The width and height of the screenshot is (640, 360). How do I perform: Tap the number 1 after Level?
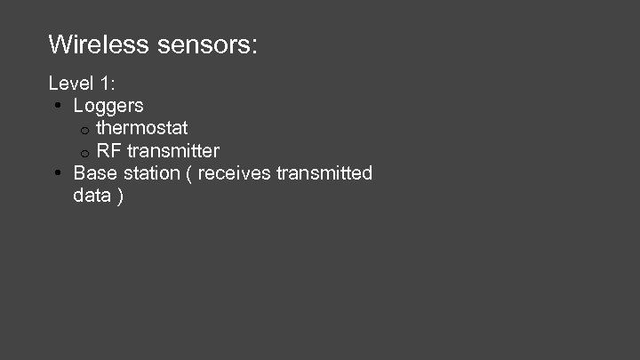click(107, 84)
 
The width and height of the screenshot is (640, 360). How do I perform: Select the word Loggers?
click(108, 107)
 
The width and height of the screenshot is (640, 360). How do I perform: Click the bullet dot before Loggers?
click(56, 107)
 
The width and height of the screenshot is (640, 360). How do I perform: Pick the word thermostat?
click(142, 128)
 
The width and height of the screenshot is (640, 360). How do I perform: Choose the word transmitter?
click(173, 150)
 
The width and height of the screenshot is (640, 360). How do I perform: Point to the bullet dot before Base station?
click(56, 173)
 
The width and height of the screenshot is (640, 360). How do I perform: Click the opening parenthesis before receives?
click(188, 173)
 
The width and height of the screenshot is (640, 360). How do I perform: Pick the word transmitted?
click(324, 172)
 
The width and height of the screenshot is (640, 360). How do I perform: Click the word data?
click(92, 195)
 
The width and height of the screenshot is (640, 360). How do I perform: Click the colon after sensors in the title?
click(254, 45)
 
